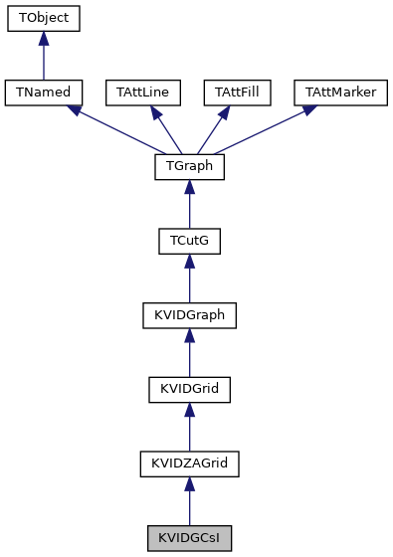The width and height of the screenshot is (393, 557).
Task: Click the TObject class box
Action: (x=43, y=19)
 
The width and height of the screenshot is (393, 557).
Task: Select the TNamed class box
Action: (x=43, y=93)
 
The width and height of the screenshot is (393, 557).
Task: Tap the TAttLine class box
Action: (x=142, y=93)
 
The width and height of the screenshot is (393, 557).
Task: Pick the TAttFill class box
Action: (x=240, y=93)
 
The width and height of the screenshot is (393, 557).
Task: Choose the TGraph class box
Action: (x=189, y=167)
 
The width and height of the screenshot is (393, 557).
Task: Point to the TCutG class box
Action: (x=189, y=242)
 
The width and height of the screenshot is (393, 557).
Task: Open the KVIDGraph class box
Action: (x=189, y=315)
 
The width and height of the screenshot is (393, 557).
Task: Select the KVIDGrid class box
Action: (x=189, y=390)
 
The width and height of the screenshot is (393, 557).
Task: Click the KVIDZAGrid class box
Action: (x=189, y=464)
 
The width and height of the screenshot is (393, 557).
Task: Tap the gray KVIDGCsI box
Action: (x=189, y=539)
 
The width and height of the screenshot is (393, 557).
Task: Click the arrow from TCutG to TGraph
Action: (x=189, y=205)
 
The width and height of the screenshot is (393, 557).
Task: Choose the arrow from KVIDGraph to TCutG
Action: (x=189, y=278)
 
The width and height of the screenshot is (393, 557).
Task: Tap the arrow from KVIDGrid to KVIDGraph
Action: (x=189, y=353)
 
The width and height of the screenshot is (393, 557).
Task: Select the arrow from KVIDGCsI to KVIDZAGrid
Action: (x=189, y=502)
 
